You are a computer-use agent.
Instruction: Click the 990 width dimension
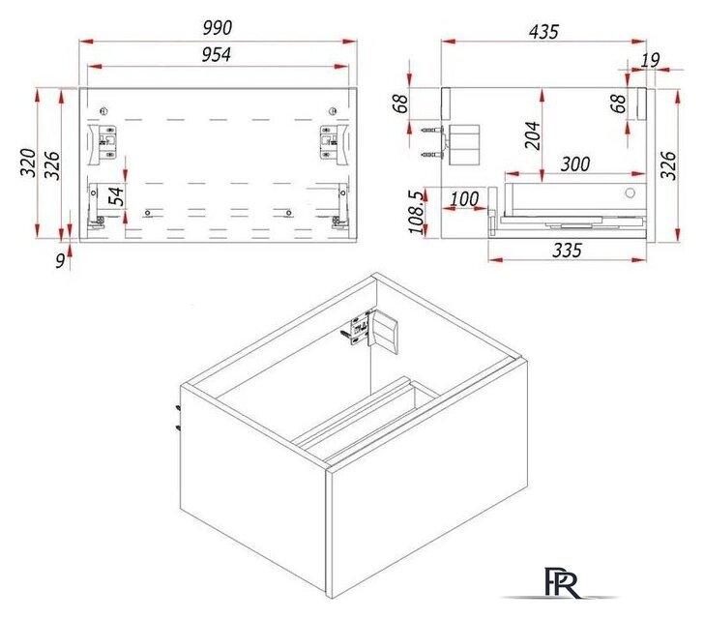(218, 28)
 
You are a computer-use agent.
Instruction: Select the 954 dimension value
(217, 55)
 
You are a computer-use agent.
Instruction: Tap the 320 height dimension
(28, 162)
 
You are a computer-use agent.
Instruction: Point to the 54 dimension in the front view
(116, 196)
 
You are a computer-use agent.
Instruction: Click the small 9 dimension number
(60, 261)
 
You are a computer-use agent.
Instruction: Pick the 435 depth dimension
(543, 32)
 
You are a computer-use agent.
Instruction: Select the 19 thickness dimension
(650, 60)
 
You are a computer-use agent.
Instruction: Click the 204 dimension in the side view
(533, 135)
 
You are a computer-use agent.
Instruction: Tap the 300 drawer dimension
(575, 164)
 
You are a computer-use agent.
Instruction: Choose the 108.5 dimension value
(416, 213)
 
